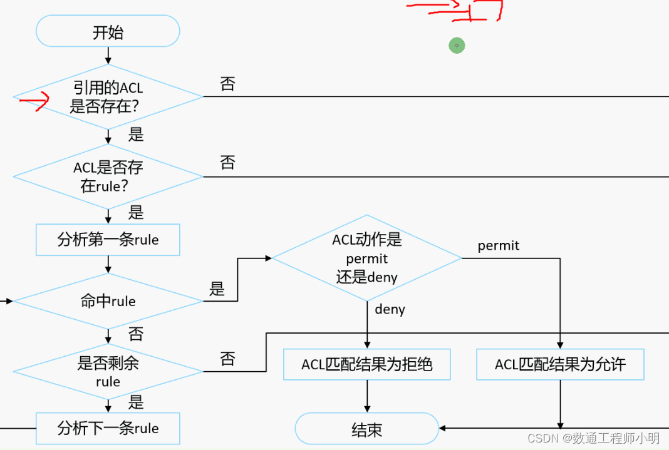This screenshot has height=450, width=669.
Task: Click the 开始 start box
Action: [108, 31]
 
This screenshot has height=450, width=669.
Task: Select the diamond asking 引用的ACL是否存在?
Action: [108, 98]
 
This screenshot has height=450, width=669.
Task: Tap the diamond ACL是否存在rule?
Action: [108, 176]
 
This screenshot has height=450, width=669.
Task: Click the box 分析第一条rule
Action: [108, 240]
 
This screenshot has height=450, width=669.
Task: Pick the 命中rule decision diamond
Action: [108, 301]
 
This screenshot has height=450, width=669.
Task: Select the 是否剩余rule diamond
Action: [108, 371]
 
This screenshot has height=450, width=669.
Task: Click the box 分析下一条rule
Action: [108, 428]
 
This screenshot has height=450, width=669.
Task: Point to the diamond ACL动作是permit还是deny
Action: [367, 258]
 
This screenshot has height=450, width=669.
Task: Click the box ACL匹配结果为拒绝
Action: [367, 364]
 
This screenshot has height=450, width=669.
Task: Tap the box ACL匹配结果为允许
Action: [560, 364]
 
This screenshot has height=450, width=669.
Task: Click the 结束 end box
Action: [367, 430]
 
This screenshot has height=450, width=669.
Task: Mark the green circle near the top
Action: [457, 45]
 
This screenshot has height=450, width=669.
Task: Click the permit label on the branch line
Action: [499, 246]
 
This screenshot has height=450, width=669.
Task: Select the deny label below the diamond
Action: [390, 309]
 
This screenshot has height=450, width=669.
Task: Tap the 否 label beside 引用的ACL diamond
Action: [227, 84]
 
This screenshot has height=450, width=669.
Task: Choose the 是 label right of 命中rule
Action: [217, 289]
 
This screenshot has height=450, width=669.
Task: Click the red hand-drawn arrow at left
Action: [35, 101]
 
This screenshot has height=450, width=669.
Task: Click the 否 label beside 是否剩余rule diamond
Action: [227, 359]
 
